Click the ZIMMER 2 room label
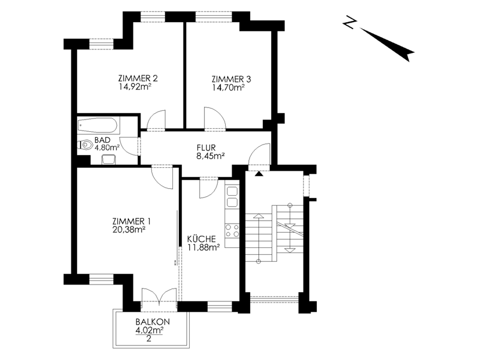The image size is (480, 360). (138, 78)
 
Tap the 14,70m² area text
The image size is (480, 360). (228, 88)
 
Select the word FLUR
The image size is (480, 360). (206, 148)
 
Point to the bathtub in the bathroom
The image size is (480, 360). (98, 126)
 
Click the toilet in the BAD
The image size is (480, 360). (86, 145)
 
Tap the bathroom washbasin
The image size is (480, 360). (109, 160)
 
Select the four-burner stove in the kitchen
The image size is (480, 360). (232, 231)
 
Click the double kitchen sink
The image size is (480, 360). (232, 197)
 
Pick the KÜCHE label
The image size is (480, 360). (201, 239)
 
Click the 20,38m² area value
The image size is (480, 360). (129, 229)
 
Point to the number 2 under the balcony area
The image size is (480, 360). (149, 339)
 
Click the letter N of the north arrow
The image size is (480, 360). (349, 22)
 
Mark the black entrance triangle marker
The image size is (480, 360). (259, 174)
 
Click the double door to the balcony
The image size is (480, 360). (159, 296)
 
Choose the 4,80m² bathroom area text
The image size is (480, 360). (107, 148)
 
